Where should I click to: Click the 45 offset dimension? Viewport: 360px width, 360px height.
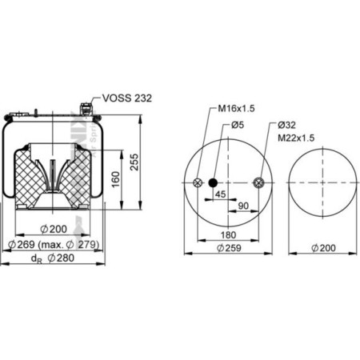coord(220,194)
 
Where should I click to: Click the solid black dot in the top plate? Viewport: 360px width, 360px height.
coord(214,183)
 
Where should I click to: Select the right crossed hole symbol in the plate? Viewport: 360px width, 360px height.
coord(258,183)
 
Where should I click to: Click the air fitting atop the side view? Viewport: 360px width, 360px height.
coord(86,106)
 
